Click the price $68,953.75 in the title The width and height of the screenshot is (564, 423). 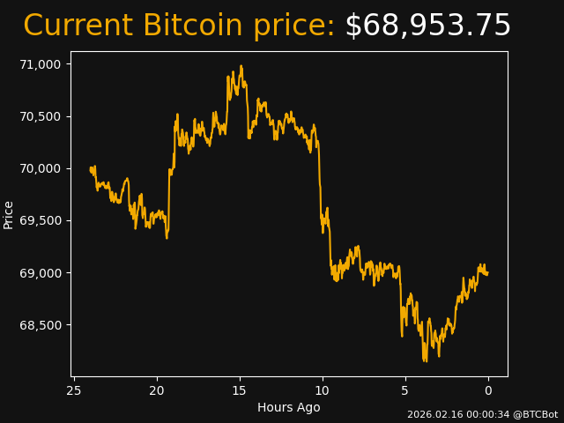tap(427, 26)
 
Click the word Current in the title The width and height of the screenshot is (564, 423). tap(78, 26)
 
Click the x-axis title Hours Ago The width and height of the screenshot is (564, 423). tap(289, 407)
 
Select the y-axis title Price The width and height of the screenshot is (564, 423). tap(9, 214)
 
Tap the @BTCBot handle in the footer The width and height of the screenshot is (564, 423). tap(535, 414)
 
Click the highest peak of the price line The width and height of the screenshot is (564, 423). tap(241, 66)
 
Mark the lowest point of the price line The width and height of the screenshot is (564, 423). tap(425, 361)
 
